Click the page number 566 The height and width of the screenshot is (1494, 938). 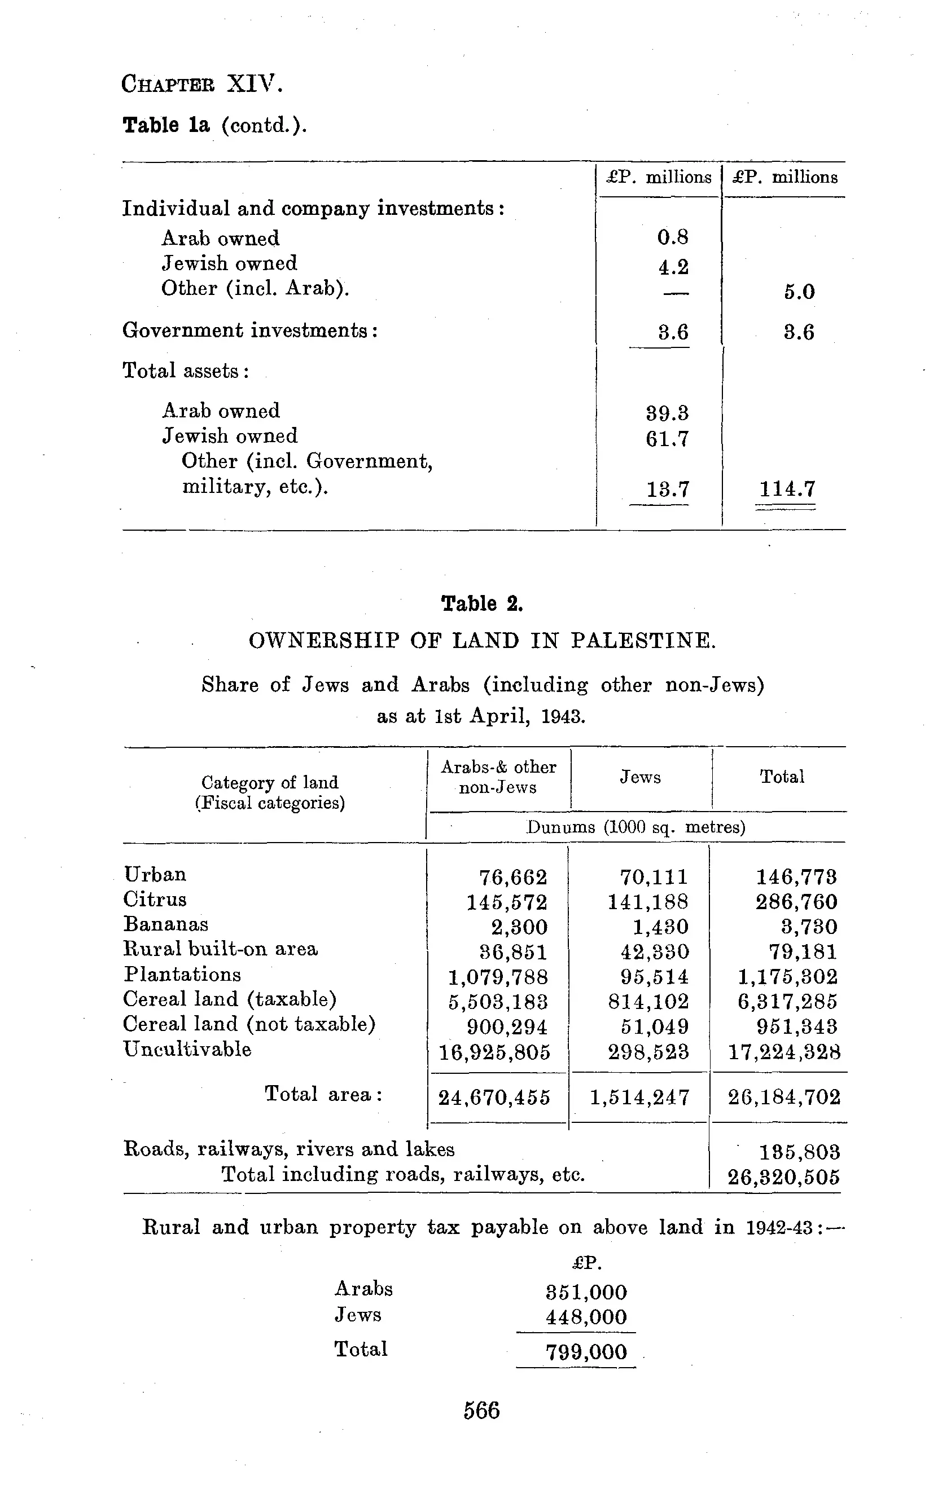pos(481,1411)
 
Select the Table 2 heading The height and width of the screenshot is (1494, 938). pos(482,603)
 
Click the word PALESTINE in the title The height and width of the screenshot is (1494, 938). pos(643,640)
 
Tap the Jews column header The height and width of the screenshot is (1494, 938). pos(640,777)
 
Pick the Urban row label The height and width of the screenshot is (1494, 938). pos(155,874)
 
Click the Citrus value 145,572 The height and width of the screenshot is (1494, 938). pos(507,902)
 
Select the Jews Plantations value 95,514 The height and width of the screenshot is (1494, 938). pos(655,977)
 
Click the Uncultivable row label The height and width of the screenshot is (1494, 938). pos(187,1049)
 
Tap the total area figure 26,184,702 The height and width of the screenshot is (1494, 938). pos(784,1098)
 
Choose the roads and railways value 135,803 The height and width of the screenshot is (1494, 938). pos(800,1152)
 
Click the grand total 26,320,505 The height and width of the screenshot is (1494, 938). pos(784,1176)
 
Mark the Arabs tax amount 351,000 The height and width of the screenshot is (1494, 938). pos(586,1292)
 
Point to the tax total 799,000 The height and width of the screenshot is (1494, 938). pos(586,1352)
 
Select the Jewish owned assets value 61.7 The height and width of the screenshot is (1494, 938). pos(667,439)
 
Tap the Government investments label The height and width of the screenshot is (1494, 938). pos(250,330)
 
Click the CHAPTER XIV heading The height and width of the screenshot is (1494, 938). pos(202,83)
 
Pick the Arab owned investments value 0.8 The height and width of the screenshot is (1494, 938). pos(673,237)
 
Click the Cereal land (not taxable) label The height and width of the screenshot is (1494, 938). pos(249,1024)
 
